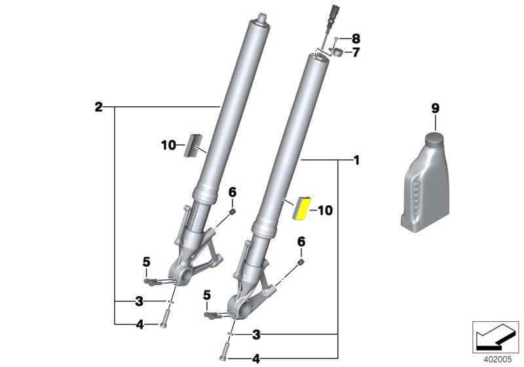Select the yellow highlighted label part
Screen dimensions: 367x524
pos(302,208)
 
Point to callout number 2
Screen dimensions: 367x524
pos(98,106)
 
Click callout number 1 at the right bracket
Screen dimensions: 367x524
pos(356,159)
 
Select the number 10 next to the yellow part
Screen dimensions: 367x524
pos(325,210)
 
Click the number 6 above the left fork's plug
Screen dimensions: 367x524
pos(231,191)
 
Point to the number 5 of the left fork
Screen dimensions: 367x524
pos(147,263)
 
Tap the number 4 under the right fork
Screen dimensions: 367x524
pos(256,358)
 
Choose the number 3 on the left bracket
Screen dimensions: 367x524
pos(139,301)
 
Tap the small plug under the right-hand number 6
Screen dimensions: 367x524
pos(301,263)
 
